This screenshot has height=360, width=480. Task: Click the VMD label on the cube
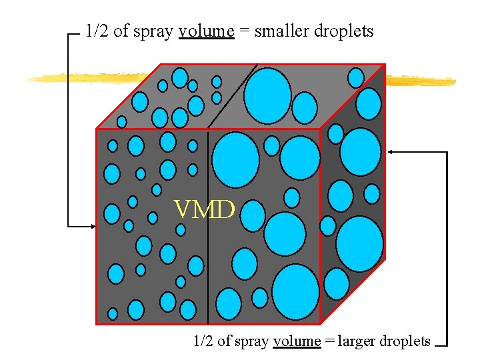pos(204,211)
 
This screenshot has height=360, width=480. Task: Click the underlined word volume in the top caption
pos(207,31)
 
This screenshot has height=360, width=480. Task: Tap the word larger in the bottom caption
pos(357,341)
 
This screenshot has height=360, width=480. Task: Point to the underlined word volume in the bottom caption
pos(297,341)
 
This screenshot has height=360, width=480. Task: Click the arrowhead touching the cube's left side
pos(93,227)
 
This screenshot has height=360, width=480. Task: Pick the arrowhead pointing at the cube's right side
pos(391,152)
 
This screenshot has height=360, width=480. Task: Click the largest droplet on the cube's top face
pos(267,95)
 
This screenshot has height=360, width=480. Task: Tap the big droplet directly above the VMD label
pos(235,159)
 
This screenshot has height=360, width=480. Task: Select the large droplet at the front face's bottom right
pos(295,292)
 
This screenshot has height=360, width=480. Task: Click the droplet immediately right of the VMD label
pos(253,215)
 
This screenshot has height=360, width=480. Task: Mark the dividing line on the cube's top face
pos(231,96)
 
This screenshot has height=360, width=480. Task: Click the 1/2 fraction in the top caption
pos(97,31)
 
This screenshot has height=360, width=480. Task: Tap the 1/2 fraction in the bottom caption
pos(203,341)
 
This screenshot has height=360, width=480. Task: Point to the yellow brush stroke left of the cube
pos(87,77)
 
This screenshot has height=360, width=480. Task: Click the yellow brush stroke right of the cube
pos(420,81)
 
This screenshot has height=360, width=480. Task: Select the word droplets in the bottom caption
pos(405,341)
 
